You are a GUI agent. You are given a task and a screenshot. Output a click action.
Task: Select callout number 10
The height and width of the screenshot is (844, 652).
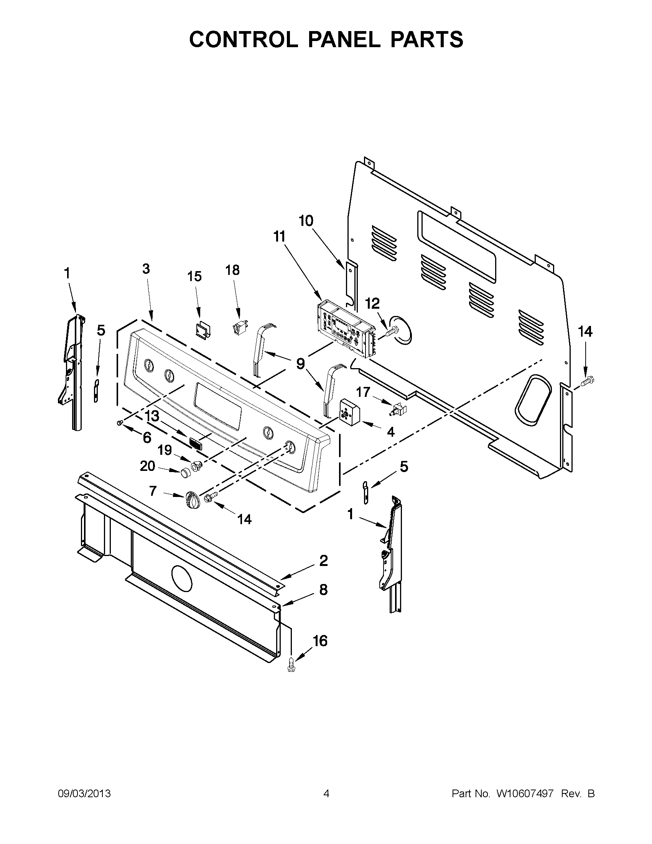(306, 221)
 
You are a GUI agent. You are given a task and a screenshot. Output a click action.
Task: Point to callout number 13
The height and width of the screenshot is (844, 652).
(152, 416)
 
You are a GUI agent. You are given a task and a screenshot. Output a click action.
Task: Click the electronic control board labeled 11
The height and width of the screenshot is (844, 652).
(345, 329)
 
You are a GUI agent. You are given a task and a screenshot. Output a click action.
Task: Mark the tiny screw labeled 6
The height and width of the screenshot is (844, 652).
(120, 424)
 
